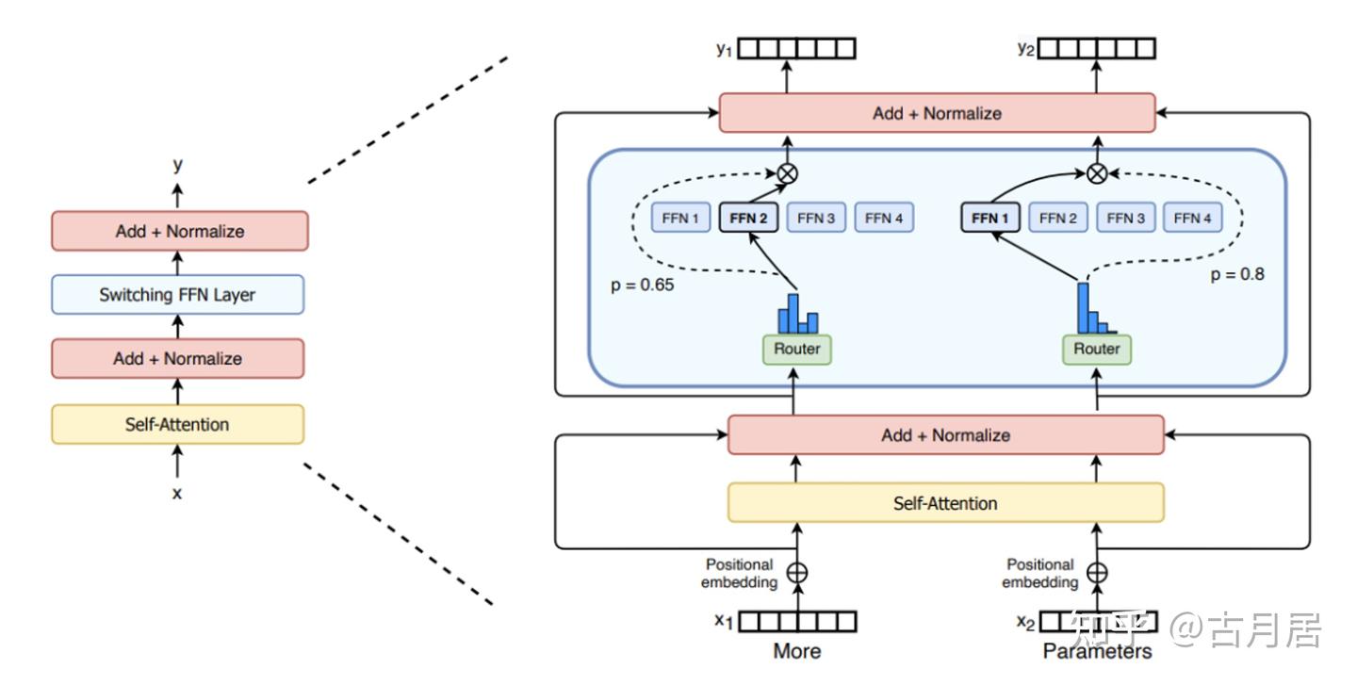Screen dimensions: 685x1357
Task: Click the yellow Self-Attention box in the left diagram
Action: (x=177, y=424)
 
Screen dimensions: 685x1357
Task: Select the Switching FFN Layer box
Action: (x=177, y=295)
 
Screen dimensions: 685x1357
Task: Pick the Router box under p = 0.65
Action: (x=797, y=350)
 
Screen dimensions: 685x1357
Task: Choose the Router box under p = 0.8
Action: (x=1097, y=350)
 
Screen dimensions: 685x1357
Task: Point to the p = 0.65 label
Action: (x=643, y=284)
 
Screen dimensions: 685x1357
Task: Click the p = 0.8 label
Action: (x=1237, y=275)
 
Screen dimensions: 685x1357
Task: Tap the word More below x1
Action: (x=797, y=651)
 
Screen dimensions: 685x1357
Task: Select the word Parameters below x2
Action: (x=1097, y=651)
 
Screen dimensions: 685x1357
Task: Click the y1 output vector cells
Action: (x=796, y=49)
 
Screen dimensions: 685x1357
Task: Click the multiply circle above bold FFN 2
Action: (x=787, y=172)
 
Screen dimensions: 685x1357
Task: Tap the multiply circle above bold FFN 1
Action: (x=1096, y=172)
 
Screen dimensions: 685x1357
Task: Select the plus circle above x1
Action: (x=797, y=572)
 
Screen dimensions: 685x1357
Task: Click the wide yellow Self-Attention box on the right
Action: (x=945, y=502)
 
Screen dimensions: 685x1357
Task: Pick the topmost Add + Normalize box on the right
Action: (x=937, y=113)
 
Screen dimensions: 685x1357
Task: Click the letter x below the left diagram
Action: (x=176, y=491)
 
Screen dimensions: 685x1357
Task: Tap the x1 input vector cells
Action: (x=797, y=622)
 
